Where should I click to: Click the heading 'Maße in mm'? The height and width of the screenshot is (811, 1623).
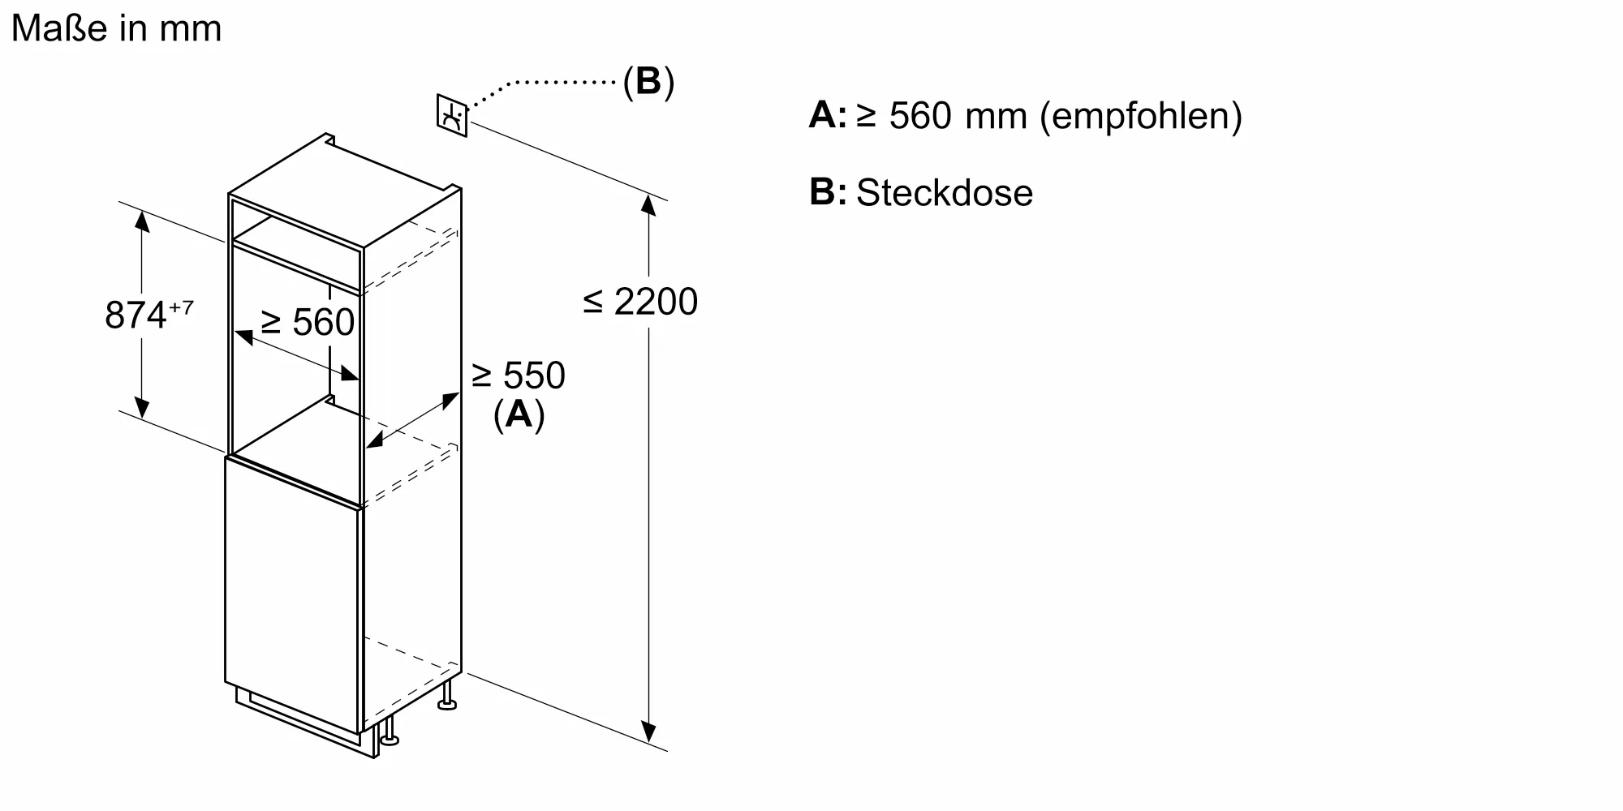point(117,29)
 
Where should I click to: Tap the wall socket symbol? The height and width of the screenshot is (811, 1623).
point(452,115)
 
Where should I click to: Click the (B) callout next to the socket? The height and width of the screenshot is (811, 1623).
point(648,82)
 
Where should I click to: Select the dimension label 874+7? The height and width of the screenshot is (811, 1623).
point(149,315)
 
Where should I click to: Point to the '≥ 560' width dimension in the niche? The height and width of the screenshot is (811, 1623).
point(308,323)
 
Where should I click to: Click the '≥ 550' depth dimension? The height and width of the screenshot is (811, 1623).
point(518,375)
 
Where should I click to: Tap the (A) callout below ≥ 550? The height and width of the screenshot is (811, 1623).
point(519,414)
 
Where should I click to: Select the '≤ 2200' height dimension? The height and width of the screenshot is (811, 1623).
point(640,302)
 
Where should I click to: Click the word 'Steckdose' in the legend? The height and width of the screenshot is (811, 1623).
point(945,193)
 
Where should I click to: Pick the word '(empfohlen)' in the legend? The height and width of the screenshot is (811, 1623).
point(1141,116)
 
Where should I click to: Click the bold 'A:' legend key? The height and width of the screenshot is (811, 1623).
point(827,116)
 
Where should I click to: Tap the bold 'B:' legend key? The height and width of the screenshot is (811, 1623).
point(827,193)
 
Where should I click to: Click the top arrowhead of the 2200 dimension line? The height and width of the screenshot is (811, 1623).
point(648,204)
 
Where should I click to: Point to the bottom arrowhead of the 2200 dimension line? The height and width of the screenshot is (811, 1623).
point(648,732)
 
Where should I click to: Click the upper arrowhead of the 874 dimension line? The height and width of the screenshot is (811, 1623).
point(142,220)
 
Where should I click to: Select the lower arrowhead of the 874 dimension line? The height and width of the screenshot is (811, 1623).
point(142,408)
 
